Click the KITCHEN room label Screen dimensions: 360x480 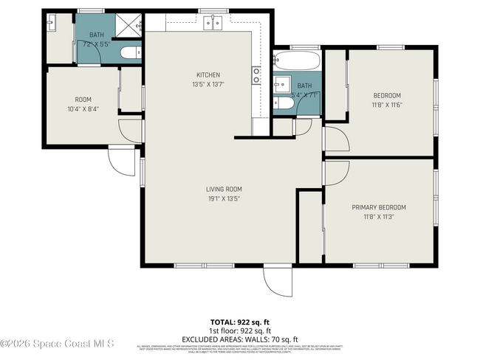point(208,75)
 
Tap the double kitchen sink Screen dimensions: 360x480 point(213,24)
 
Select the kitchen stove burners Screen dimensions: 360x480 point(256,75)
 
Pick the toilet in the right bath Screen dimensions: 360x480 point(284,105)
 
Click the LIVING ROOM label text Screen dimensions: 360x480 point(224,189)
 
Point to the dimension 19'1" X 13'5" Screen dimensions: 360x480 point(224,198)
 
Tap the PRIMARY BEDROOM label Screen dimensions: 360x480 point(379,207)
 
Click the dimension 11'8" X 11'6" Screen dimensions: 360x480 point(387,105)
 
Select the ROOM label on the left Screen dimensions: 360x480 point(83,100)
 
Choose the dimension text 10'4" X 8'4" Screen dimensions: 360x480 point(83,109)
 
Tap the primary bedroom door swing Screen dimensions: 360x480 point(335,173)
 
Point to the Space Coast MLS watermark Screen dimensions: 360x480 point(58,344)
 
